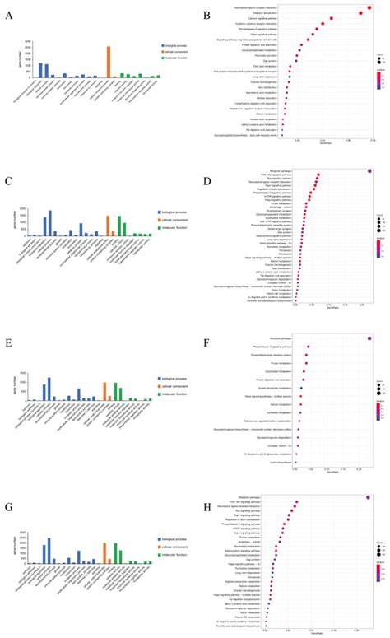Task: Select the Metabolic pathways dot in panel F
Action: point(370,338)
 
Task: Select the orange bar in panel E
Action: point(104,391)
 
